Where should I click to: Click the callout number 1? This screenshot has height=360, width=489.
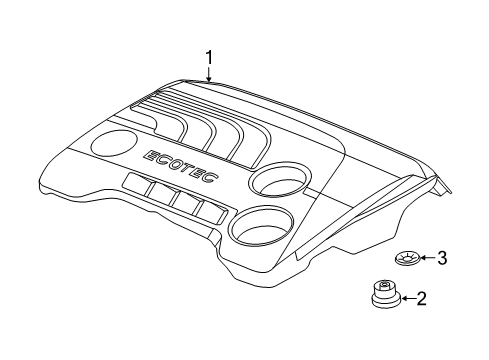point(209,58)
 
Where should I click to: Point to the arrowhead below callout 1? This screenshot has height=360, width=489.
point(209,81)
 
